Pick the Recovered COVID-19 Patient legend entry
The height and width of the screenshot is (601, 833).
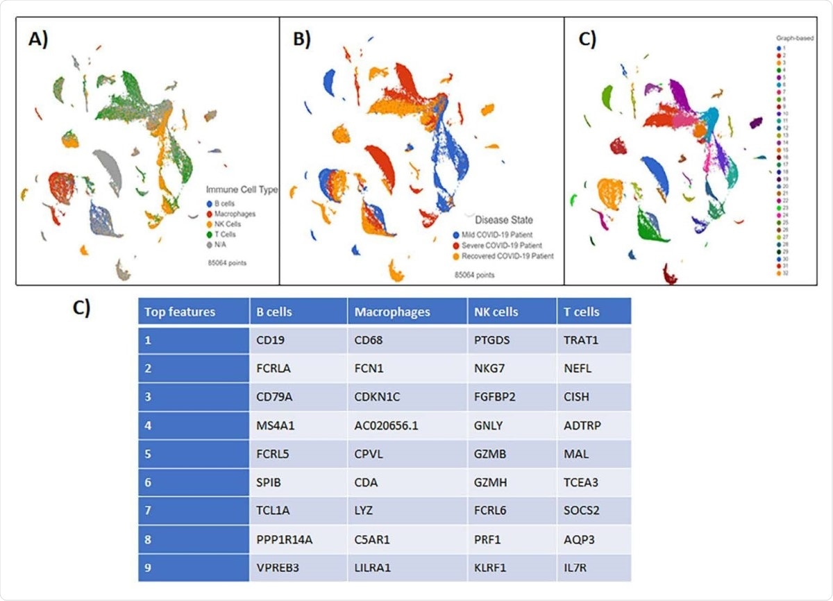click(x=504, y=256)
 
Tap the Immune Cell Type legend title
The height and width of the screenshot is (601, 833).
click(x=241, y=189)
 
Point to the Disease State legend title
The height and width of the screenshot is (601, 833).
click(x=503, y=220)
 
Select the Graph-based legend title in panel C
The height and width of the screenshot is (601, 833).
click(x=795, y=38)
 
